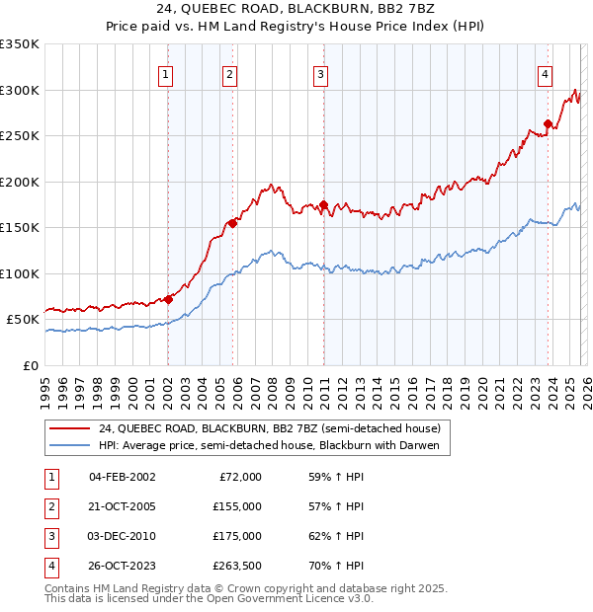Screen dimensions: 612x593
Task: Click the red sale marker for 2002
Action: coord(168,299)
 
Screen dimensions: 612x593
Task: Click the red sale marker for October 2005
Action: coord(233,223)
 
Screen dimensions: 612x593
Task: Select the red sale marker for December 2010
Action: coord(323,204)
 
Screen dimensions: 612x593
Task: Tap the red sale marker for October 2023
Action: coord(548,124)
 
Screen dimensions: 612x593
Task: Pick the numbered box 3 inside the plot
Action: coord(321,74)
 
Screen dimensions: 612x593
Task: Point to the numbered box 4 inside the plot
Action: coord(545,72)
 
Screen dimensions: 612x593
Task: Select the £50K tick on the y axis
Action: coord(24,320)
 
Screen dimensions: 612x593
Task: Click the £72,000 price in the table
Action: coord(240,477)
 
